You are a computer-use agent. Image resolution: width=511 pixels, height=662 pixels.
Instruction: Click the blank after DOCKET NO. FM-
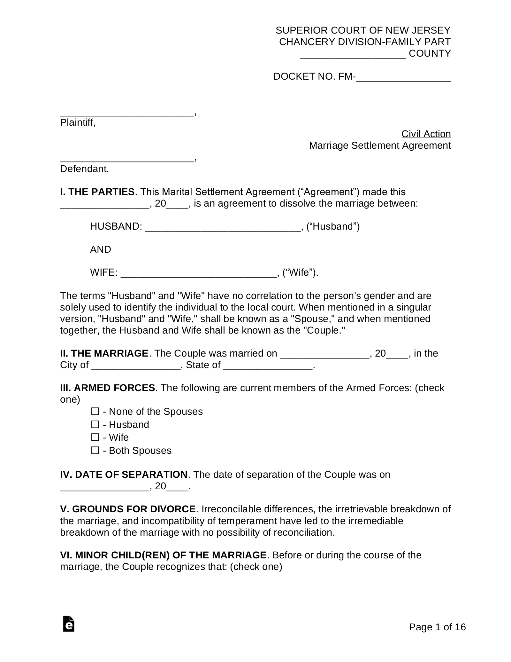[403, 78]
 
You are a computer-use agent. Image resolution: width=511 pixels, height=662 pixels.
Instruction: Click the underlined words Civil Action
[426, 134]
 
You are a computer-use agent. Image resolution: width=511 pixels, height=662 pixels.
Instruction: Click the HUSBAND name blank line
[223, 227]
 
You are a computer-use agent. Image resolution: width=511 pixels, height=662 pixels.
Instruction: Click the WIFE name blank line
[198, 273]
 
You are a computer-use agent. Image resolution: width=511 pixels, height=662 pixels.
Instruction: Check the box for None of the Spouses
[95, 411]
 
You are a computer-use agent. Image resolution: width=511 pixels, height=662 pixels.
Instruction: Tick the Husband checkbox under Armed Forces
[95, 424]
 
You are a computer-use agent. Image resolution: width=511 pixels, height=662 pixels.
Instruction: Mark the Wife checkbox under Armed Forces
[95, 437]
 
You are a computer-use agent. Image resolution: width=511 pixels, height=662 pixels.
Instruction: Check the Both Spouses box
[95, 450]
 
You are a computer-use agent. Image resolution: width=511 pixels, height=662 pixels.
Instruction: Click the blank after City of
[136, 366]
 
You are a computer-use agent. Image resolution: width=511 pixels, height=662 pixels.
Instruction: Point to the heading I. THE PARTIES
[97, 192]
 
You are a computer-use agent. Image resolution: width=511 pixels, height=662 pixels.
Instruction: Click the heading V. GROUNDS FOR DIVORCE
[128, 509]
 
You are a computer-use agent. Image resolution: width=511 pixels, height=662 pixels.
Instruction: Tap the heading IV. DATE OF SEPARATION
[124, 474]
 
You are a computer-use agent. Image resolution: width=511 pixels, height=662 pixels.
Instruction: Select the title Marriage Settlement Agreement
[380, 146]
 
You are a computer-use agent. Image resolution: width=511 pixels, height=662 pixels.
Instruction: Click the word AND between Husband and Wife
[100, 249]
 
